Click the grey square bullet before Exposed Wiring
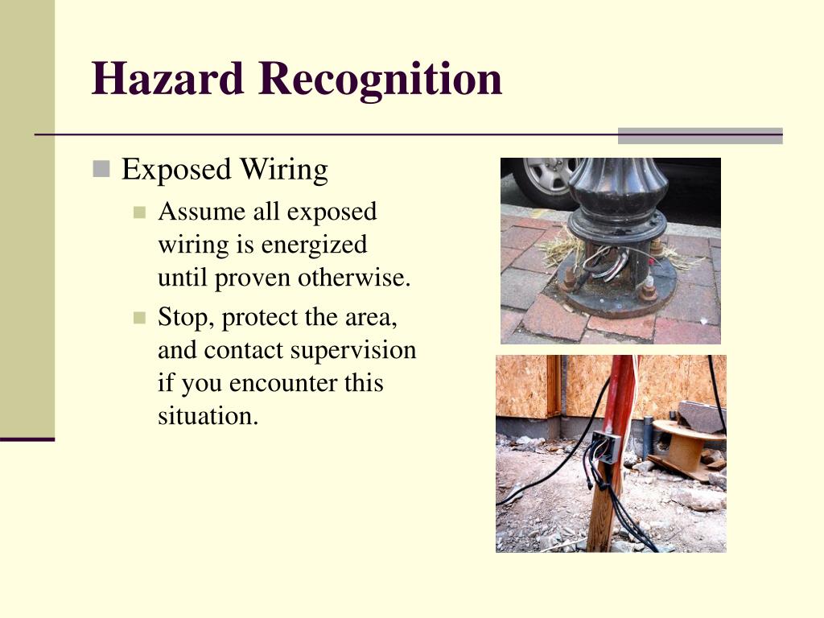click(x=101, y=169)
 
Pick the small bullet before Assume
click(x=140, y=212)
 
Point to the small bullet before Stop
click(x=140, y=318)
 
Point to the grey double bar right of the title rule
click(x=700, y=135)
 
